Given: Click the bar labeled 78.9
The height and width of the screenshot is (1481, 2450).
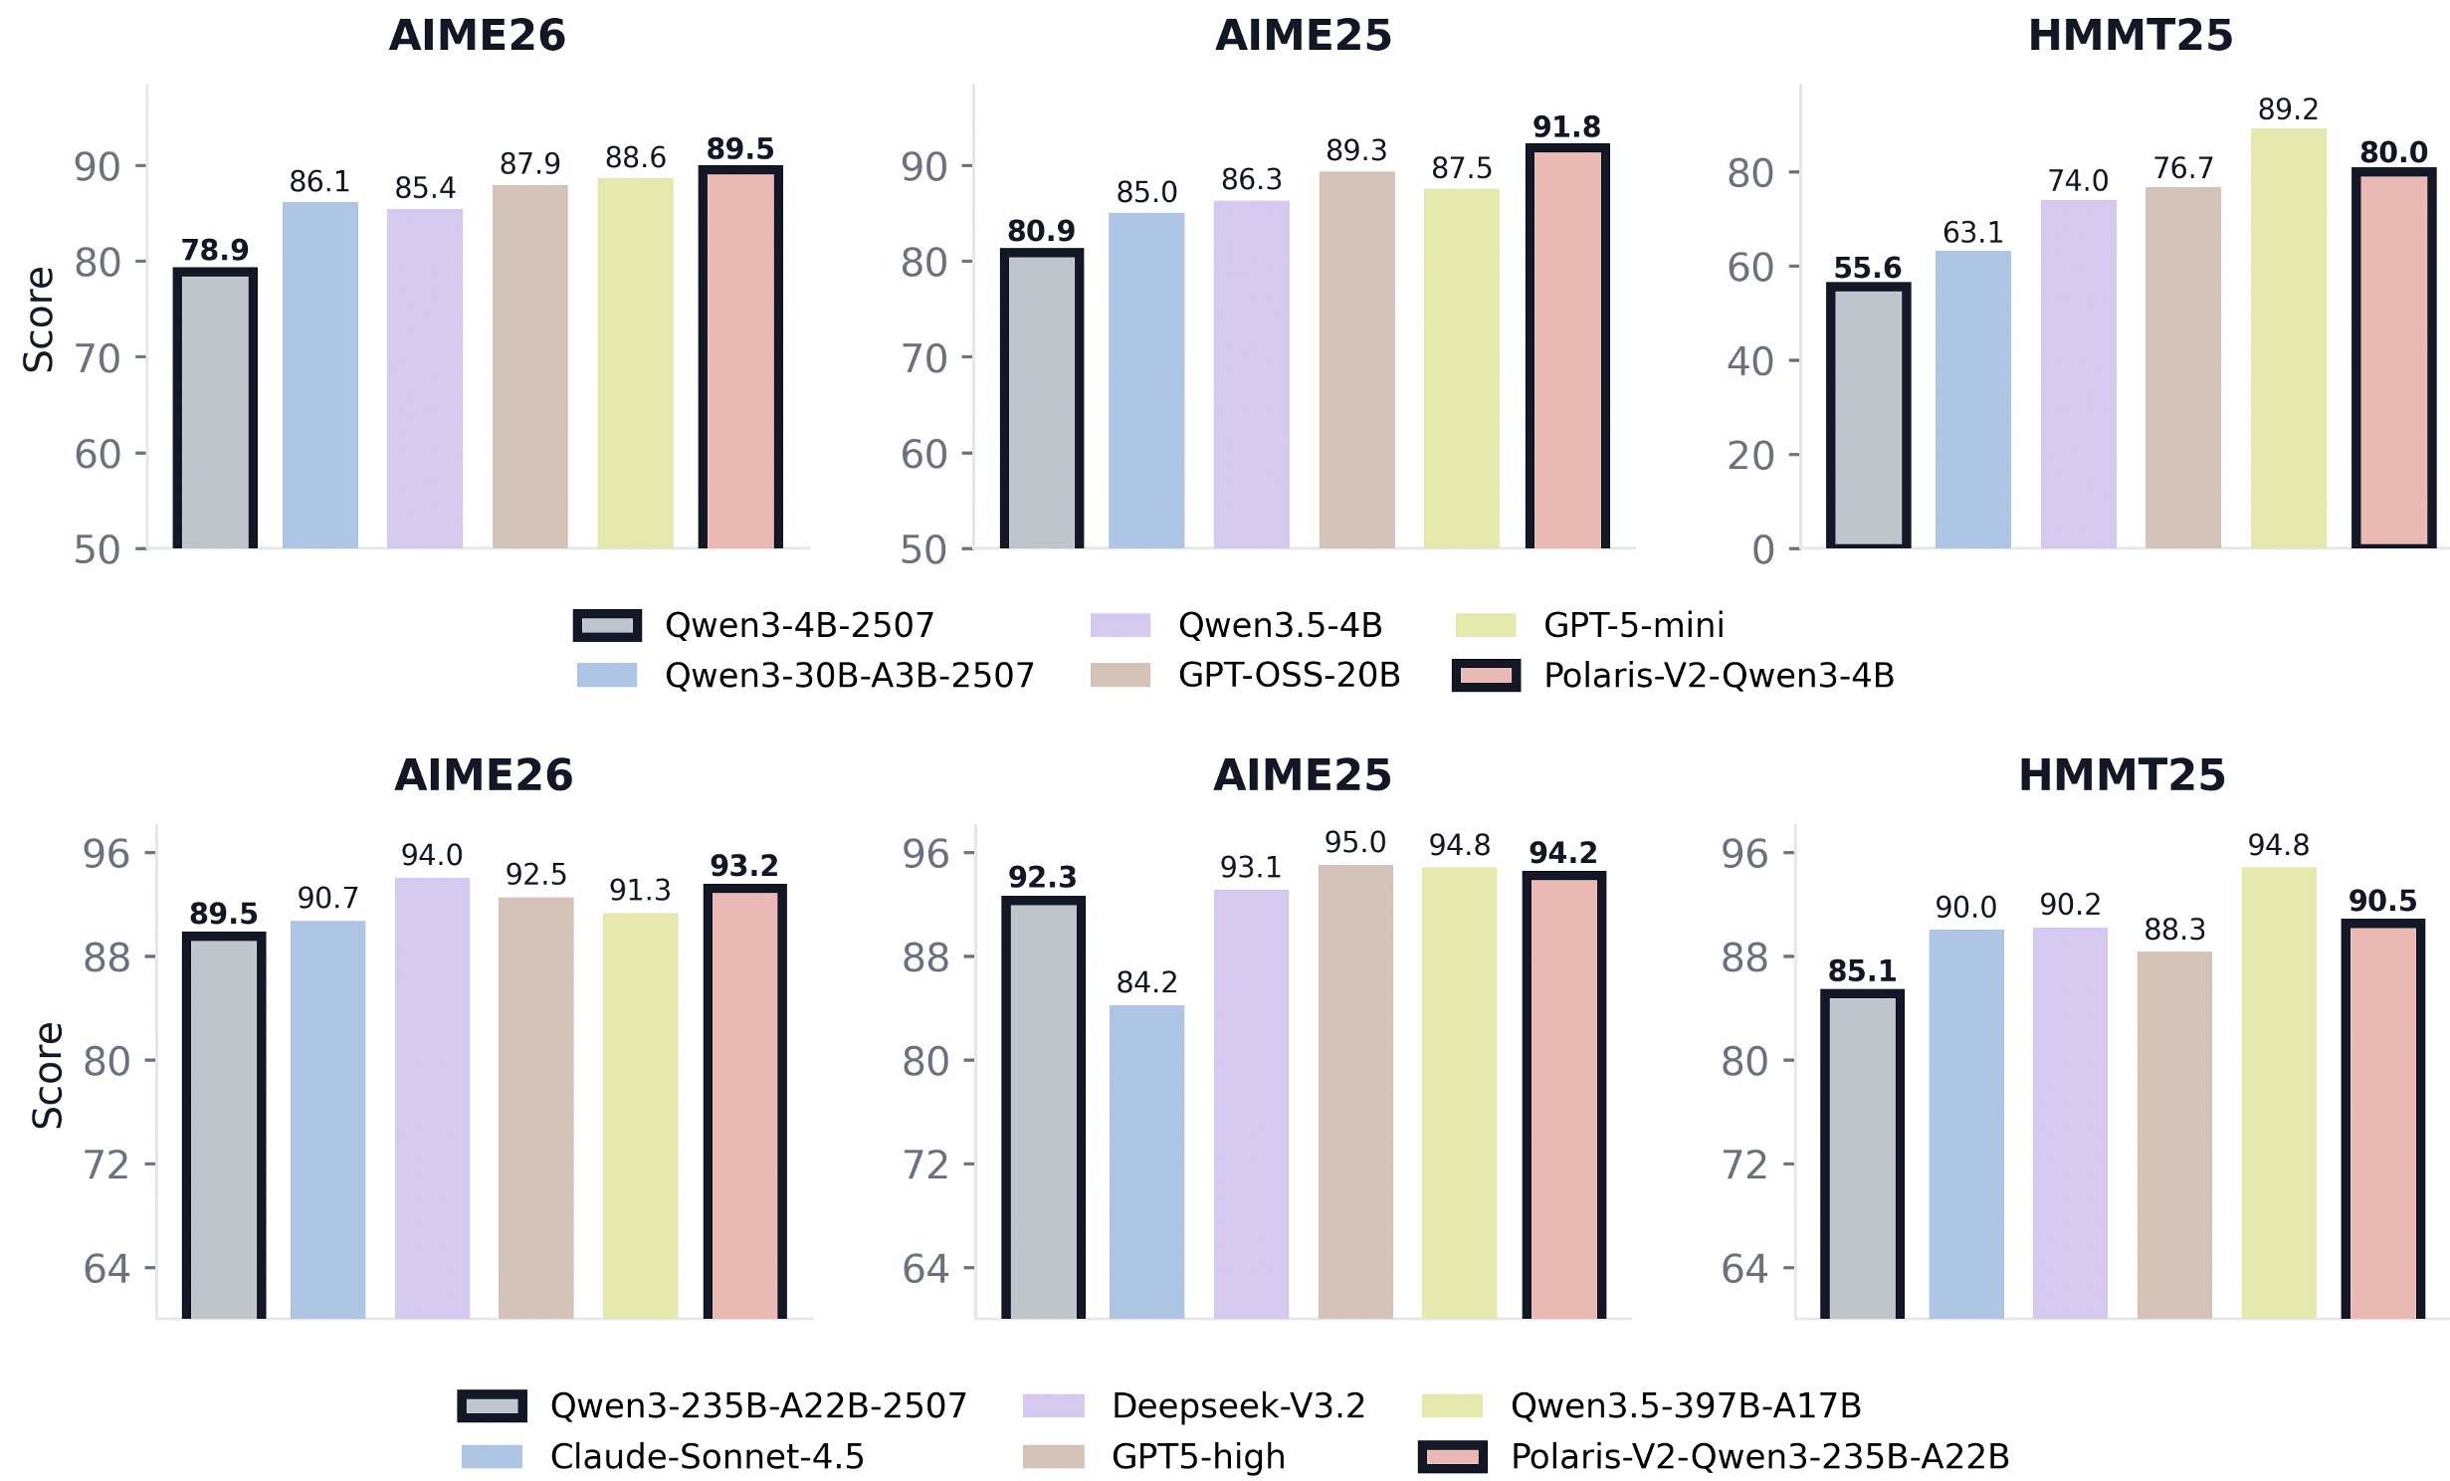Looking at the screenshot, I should pos(215,408).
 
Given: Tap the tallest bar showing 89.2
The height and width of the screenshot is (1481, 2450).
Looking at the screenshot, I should pos(2288,338).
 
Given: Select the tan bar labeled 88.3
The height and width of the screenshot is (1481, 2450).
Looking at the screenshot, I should pos(2174,1135).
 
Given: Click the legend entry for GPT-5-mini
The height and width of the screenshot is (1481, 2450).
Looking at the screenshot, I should pos(1633,625).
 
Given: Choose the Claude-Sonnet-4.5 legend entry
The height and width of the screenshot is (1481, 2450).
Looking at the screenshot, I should pos(707,1456).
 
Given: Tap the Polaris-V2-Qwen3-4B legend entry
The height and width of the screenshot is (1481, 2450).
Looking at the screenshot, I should pos(1718,676).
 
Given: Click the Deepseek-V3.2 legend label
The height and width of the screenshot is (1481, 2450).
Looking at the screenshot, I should pos(1238,1405).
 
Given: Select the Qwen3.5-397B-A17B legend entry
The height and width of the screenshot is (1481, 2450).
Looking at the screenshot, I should pos(1685,1405).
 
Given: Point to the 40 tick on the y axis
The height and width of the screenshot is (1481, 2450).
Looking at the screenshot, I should pos(1750,361).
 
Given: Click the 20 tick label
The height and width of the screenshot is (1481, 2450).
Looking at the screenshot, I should pos(1750,456).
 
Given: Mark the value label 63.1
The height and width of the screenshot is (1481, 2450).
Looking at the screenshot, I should pos(1972,233).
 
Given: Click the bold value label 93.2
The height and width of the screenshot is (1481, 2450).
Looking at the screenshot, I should pos(743,866).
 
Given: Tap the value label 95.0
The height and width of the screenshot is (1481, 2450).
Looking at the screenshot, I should pos(1354,843).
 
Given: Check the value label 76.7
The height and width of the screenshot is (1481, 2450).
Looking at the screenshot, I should pos(2182,168).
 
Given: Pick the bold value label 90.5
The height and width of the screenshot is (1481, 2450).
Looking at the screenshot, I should pos(2381,901).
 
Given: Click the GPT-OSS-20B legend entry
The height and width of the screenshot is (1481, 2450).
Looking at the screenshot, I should pos(1289,676).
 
